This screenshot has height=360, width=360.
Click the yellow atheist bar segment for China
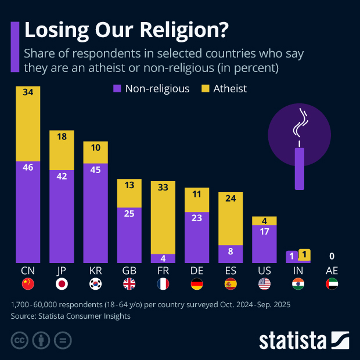(x=28, y=123)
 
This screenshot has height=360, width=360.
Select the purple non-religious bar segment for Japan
(x=62, y=216)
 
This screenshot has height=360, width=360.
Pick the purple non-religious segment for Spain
(x=230, y=253)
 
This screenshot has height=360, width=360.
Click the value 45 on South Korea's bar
(x=95, y=170)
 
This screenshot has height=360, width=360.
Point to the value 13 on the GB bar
(x=129, y=185)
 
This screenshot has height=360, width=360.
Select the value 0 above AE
(x=332, y=256)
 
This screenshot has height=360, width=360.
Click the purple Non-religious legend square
(x=117, y=89)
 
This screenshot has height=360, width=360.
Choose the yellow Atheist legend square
(x=205, y=89)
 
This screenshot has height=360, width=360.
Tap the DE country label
(x=196, y=271)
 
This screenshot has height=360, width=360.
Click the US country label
(x=264, y=271)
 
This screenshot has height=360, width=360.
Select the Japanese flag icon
(x=62, y=284)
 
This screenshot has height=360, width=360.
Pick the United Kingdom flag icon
(x=129, y=284)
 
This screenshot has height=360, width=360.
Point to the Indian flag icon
(x=298, y=284)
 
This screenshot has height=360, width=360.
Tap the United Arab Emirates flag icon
(x=332, y=284)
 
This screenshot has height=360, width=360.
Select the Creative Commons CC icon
(x=20, y=340)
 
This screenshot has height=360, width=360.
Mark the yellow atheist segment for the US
(x=264, y=221)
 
